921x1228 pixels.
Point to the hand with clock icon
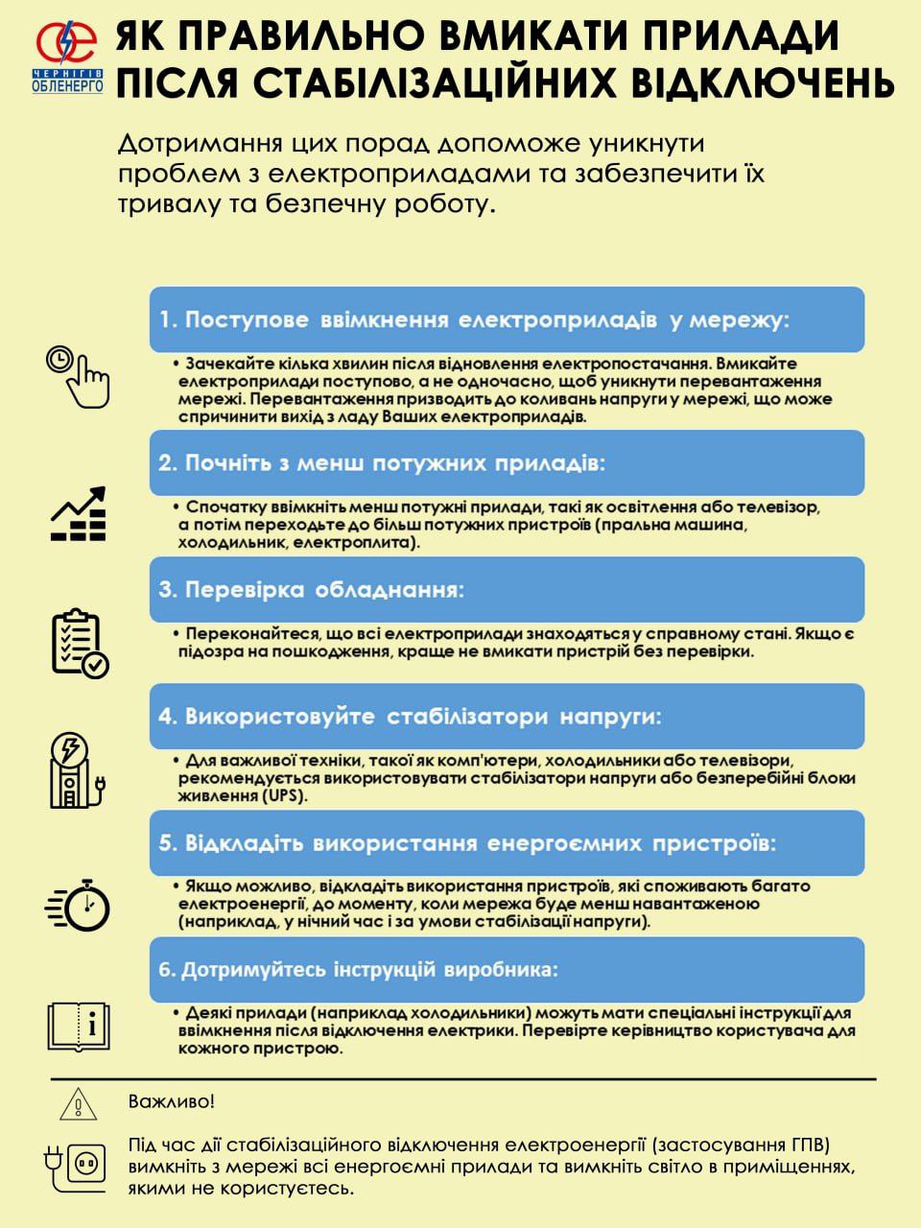point(78,375)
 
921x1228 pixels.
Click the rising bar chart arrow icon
point(79,514)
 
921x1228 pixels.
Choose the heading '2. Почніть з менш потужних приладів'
point(382,462)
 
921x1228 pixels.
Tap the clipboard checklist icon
point(79,642)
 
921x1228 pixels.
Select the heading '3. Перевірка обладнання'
point(311,589)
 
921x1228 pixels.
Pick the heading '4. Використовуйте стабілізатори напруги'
point(410,717)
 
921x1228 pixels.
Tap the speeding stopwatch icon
point(79,904)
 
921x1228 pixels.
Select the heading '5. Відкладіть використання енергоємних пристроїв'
point(466,844)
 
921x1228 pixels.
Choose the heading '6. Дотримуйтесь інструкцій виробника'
point(358,969)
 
